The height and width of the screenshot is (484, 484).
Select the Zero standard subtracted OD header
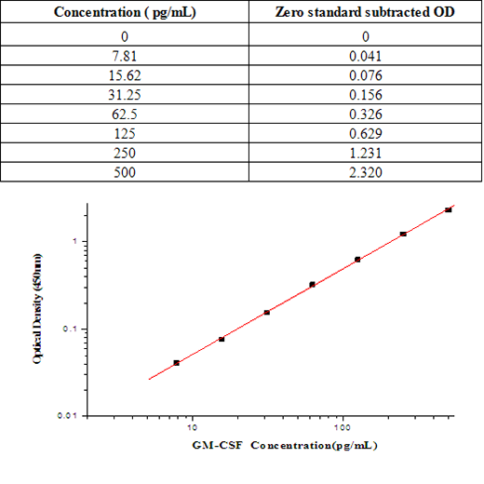366,12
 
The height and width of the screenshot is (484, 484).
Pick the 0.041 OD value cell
366,55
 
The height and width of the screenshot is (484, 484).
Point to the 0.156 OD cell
366,96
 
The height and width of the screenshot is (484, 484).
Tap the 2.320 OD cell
366,173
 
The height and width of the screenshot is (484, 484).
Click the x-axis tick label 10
192,428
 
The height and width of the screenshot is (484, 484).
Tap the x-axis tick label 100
343,428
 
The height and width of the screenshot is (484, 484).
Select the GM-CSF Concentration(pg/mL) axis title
284,446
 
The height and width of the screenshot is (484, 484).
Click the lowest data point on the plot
176,362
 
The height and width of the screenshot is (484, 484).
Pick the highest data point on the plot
448,209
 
